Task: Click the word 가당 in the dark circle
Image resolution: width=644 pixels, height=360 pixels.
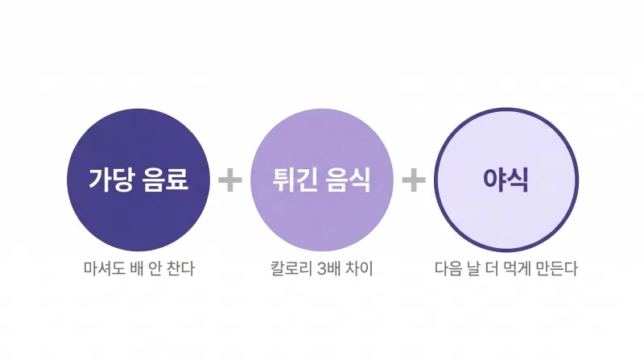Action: click(x=112, y=180)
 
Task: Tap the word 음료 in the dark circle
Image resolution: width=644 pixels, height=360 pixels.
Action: click(x=166, y=180)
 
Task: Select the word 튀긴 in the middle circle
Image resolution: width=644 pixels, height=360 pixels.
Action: click(x=295, y=180)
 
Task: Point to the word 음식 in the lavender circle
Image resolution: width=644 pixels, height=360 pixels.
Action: click(x=349, y=180)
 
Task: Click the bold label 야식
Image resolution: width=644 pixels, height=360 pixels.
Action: click(x=506, y=180)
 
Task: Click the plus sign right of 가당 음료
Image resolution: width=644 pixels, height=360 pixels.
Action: click(x=230, y=180)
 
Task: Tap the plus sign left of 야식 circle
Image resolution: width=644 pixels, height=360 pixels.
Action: click(x=414, y=180)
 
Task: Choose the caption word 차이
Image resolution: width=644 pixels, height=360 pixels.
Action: click(x=359, y=269)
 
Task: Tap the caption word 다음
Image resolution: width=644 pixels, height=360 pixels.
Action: click(x=448, y=269)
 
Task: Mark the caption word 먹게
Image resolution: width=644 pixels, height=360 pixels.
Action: click(x=517, y=269)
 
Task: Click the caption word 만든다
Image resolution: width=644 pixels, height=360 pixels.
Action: click(x=557, y=269)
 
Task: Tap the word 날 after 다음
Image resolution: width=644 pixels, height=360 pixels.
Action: click(x=473, y=269)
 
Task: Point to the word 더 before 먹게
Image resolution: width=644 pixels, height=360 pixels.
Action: click(x=492, y=269)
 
